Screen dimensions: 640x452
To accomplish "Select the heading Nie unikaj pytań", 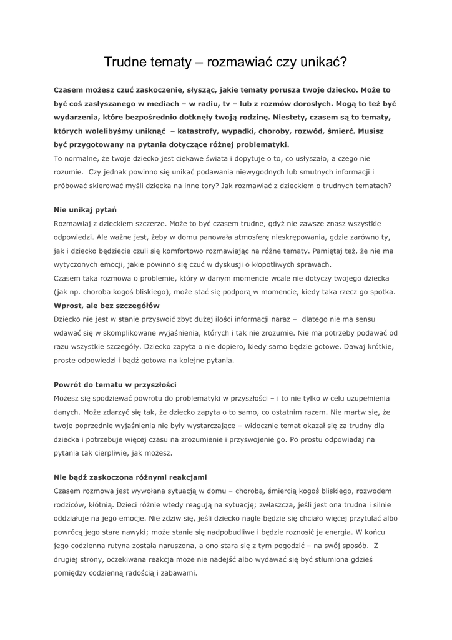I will tap(86, 210).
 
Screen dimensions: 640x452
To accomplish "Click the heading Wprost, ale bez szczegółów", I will tap(107, 306).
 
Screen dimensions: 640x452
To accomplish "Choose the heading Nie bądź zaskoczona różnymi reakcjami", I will tap(130, 477).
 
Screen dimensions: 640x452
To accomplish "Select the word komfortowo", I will tap(197, 251).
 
